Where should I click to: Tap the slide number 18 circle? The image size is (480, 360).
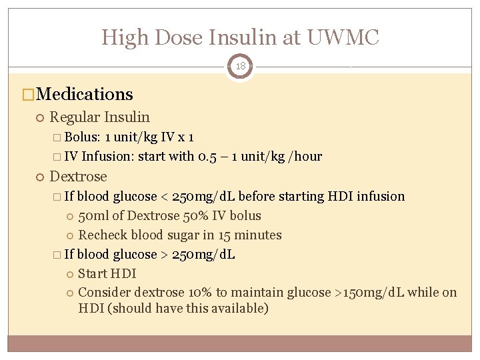point(240,67)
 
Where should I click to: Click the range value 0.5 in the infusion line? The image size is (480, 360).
point(205,157)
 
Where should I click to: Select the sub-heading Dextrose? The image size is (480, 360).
point(78,177)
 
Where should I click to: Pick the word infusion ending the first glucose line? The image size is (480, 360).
point(381,197)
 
